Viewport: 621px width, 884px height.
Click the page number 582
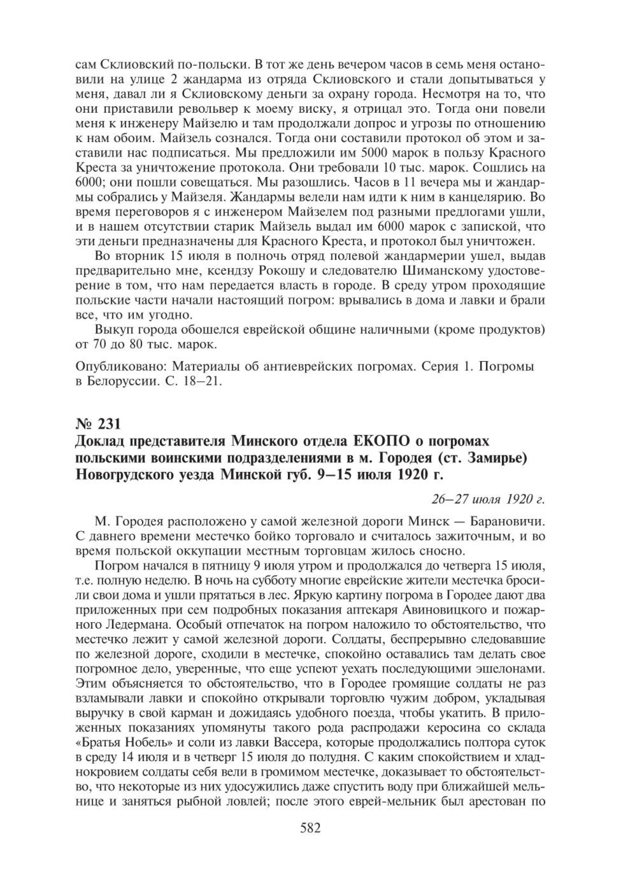click(310, 828)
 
